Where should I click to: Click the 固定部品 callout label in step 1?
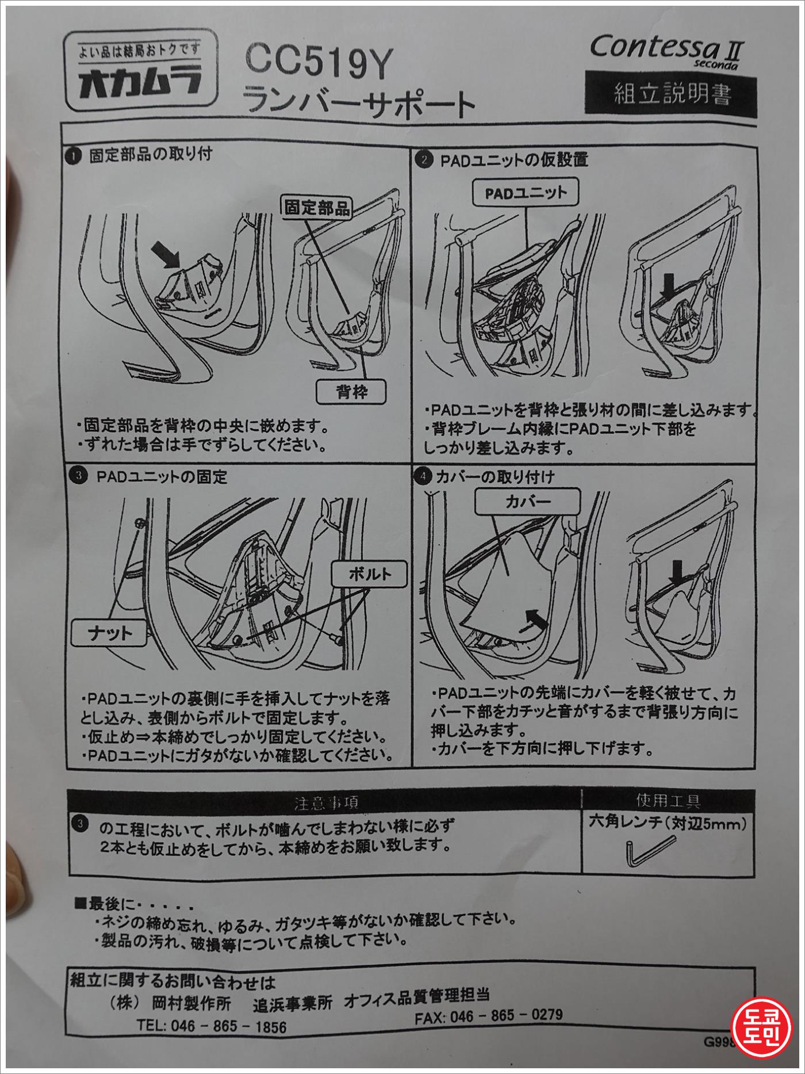tap(318, 208)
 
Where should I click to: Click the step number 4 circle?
tap(423, 476)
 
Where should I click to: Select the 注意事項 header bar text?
tap(327, 801)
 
